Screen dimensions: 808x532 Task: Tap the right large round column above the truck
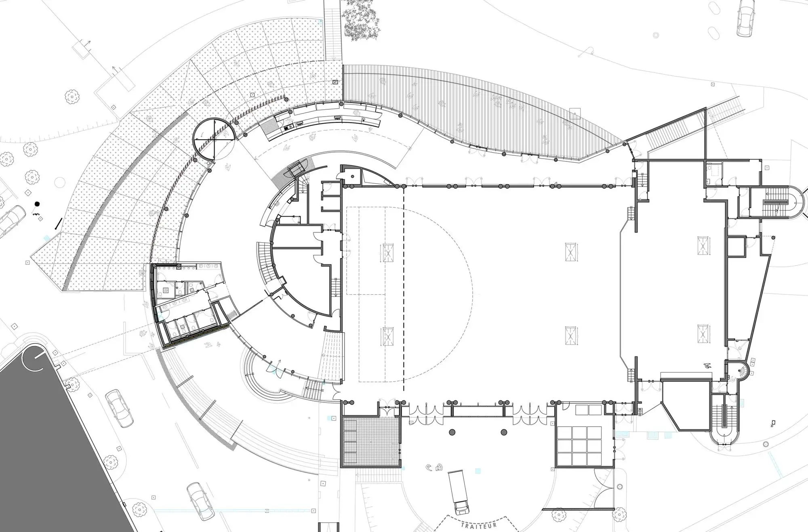(503, 432)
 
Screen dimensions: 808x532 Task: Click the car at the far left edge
(11, 221)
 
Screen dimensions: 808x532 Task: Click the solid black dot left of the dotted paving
(37, 204)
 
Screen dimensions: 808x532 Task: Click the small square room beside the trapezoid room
(736, 247)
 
